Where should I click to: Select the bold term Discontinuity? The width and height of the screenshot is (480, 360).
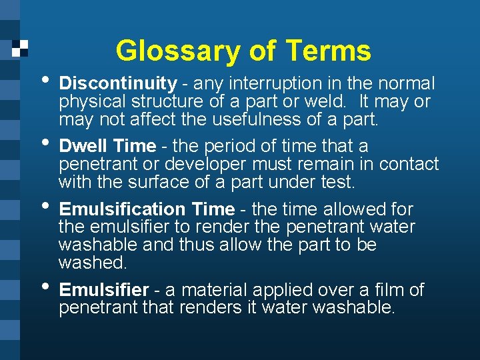(118, 84)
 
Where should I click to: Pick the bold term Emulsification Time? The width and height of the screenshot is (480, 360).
(147, 209)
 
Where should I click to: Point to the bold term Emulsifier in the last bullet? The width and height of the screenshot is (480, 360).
(104, 290)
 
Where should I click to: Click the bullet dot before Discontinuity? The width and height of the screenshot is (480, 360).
(44, 80)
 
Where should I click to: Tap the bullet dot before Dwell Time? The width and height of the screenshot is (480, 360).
(44, 142)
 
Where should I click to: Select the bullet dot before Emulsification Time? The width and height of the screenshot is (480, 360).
(44, 205)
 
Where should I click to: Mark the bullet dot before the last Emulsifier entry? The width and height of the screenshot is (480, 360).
(44, 286)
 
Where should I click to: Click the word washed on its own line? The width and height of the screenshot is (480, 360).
(92, 263)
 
